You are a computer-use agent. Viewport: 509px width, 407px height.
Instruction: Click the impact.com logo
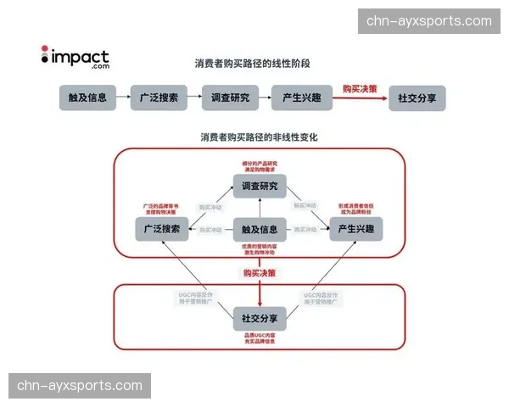coord(76,58)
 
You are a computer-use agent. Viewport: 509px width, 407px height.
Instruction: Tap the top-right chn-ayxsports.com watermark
coord(428,21)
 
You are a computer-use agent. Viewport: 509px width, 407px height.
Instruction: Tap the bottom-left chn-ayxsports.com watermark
coord(81,386)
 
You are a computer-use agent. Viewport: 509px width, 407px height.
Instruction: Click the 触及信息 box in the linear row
coord(87,98)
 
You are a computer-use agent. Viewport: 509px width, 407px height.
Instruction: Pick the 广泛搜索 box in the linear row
coord(159,98)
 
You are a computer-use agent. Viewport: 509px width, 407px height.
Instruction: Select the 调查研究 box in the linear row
coord(230,98)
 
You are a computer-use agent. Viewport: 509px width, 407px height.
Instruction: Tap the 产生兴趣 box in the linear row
coord(300,98)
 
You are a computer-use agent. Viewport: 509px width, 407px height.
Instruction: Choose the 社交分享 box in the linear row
coord(417,98)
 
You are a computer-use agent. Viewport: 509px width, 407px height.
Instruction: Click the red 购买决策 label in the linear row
coord(360,88)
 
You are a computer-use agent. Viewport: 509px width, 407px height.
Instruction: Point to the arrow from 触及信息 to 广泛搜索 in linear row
coord(123,98)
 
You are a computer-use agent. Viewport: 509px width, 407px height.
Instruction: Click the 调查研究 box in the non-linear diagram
coord(260,187)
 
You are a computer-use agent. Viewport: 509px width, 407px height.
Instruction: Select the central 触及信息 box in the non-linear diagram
coord(260,229)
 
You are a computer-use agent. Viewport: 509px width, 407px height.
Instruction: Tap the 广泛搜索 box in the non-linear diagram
coord(161,229)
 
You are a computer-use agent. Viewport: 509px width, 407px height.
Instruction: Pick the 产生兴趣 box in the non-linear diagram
coord(356,229)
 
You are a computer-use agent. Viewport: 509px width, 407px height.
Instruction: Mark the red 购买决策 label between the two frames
coord(260,273)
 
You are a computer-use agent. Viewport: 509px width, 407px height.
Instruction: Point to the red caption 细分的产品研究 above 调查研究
coord(260,163)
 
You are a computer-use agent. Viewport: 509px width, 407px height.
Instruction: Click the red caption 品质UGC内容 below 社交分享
coord(260,337)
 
